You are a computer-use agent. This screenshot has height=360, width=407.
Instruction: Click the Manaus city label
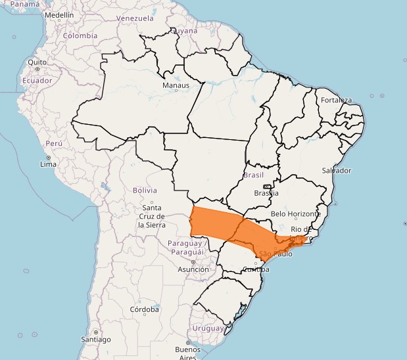tap(176, 85)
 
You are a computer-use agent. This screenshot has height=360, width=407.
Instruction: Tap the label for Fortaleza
tap(337, 101)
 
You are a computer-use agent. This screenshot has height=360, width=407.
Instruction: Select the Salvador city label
tap(336, 170)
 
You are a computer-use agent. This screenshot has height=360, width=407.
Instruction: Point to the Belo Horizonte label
tap(296, 214)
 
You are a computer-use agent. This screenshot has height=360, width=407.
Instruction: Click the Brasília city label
tap(266, 193)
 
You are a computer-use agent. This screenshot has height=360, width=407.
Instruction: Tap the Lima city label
tap(49, 164)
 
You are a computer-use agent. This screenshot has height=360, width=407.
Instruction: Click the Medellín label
tap(59, 14)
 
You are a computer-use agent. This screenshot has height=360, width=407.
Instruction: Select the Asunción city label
tap(193, 269)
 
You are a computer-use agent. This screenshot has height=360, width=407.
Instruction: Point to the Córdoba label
tap(145, 309)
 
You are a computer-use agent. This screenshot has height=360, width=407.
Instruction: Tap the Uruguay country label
tap(208, 328)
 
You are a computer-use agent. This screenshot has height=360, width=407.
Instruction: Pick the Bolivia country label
tap(145, 190)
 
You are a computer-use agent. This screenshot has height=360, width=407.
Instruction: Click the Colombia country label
tap(80, 36)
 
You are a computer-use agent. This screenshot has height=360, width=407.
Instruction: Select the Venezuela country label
tap(135, 18)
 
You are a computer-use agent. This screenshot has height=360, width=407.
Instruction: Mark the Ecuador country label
tap(37, 81)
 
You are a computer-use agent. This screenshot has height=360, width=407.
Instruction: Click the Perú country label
tap(54, 143)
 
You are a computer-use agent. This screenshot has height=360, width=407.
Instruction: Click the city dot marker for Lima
tap(48, 158)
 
